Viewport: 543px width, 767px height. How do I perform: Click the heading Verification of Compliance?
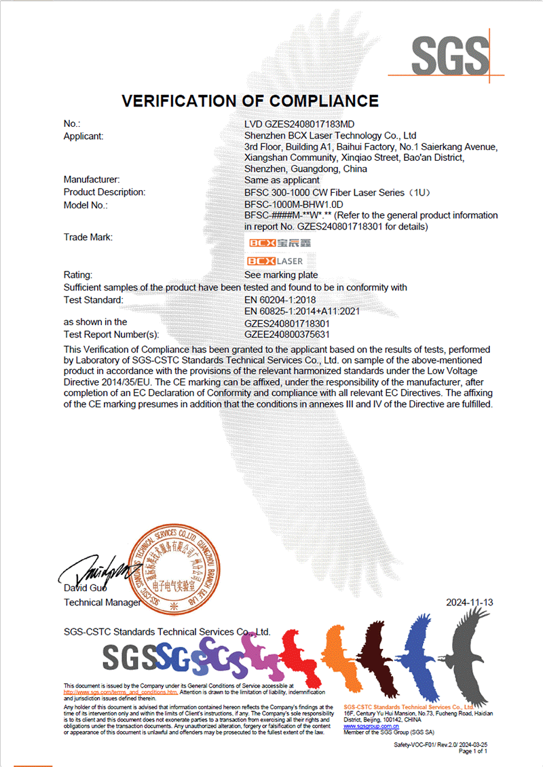[250, 101]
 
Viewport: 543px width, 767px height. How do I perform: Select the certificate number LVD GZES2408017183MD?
[299, 124]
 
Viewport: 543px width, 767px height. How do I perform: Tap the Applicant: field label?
[83, 136]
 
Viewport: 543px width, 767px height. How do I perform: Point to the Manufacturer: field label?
[92, 180]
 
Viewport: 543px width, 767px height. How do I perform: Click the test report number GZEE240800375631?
[287, 334]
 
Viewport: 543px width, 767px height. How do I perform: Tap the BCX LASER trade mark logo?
[274, 261]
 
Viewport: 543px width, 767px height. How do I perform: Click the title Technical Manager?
[102, 602]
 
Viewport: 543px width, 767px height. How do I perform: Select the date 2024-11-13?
[469, 602]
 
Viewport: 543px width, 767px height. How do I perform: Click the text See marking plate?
[281, 275]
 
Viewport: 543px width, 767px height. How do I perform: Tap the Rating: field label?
[77, 275]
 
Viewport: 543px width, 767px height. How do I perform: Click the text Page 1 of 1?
[474, 751]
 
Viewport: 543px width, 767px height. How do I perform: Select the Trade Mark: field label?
[88, 237]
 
